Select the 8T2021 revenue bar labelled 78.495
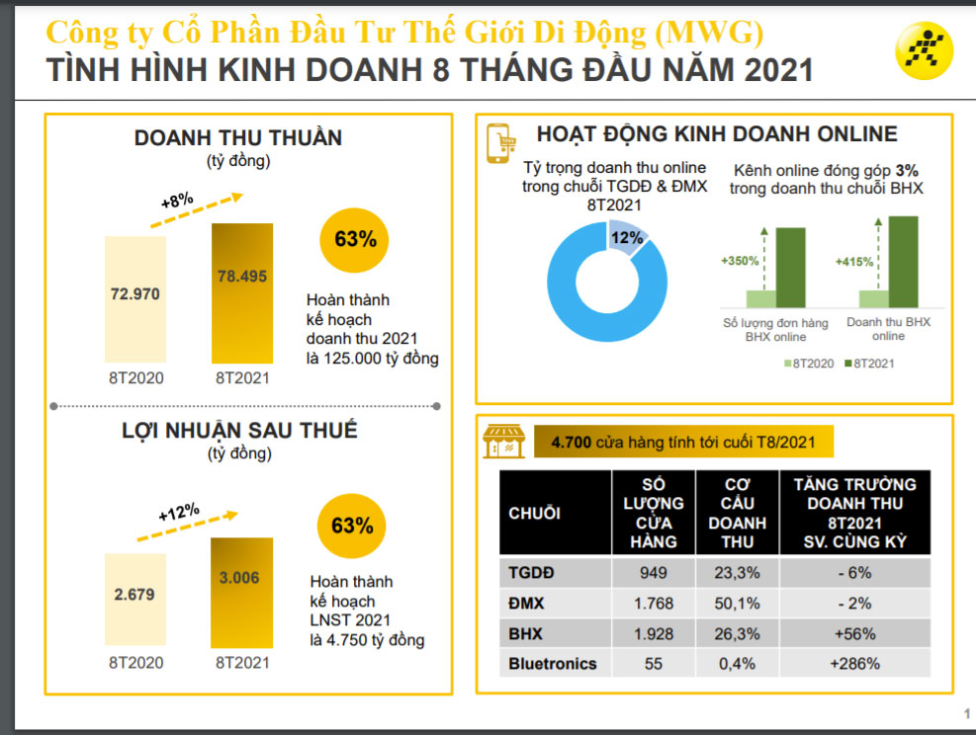[242, 292]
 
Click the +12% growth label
[178, 513]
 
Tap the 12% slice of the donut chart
[624, 239]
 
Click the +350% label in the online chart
[740, 261]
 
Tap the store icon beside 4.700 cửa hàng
[502, 442]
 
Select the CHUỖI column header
[535, 513]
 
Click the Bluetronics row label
[553, 664]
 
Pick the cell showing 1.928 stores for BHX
[653, 633]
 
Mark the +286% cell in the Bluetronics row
[855, 664]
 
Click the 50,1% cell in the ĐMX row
[738, 603]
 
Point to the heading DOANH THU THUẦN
[238, 138]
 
